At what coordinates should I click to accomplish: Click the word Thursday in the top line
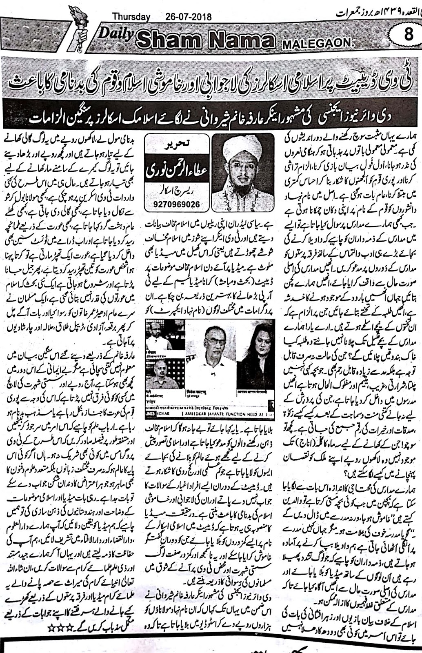(x=131, y=17)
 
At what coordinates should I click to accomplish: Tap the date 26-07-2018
(x=189, y=17)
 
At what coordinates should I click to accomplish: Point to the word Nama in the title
(x=242, y=40)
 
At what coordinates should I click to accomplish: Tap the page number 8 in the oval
(x=408, y=36)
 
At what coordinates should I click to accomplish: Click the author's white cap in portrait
(x=244, y=143)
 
